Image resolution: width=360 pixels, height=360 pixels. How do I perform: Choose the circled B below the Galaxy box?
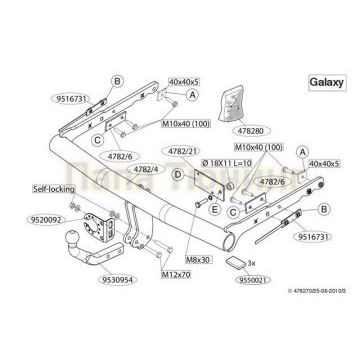[x=327, y=209]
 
